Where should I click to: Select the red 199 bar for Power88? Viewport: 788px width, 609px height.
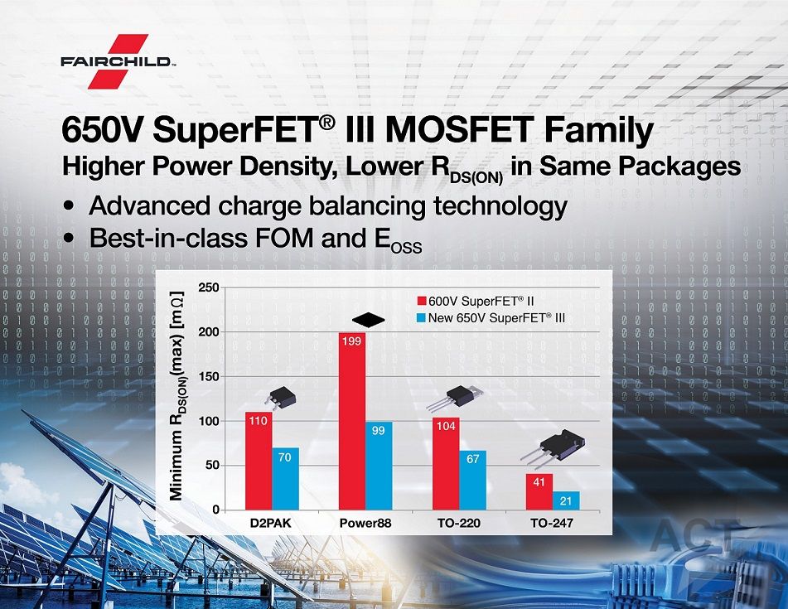click(x=352, y=421)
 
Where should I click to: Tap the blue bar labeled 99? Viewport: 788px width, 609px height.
click(x=379, y=466)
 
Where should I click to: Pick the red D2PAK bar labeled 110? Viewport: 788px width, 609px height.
click(x=259, y=462)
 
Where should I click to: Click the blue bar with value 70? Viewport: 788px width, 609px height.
click(x=285, y=479)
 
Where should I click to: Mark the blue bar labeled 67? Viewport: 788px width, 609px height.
click(x=473, y=481)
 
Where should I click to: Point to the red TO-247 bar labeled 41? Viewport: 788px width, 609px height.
click(x=539, y=492)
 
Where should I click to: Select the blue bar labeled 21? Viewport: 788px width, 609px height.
click(x=566, y=501)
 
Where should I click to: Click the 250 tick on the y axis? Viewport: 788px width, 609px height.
click(x=209, y=288)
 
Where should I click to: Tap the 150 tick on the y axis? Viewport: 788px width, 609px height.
click(x=209, y=376)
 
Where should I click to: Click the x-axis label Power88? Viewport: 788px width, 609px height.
click(x=365, y=523)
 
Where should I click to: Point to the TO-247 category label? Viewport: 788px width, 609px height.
click(x=552, y=523)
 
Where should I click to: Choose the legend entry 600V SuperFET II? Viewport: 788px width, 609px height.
click(x=476, y=301)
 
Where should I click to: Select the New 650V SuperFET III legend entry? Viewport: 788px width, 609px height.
click(x=491, y=317)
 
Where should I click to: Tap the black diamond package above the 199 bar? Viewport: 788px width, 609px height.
click(x=369, y=320)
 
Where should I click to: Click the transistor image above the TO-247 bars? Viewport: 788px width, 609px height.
click(x=553, y=450)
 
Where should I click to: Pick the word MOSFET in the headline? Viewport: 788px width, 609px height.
click(x=458, y=129)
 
